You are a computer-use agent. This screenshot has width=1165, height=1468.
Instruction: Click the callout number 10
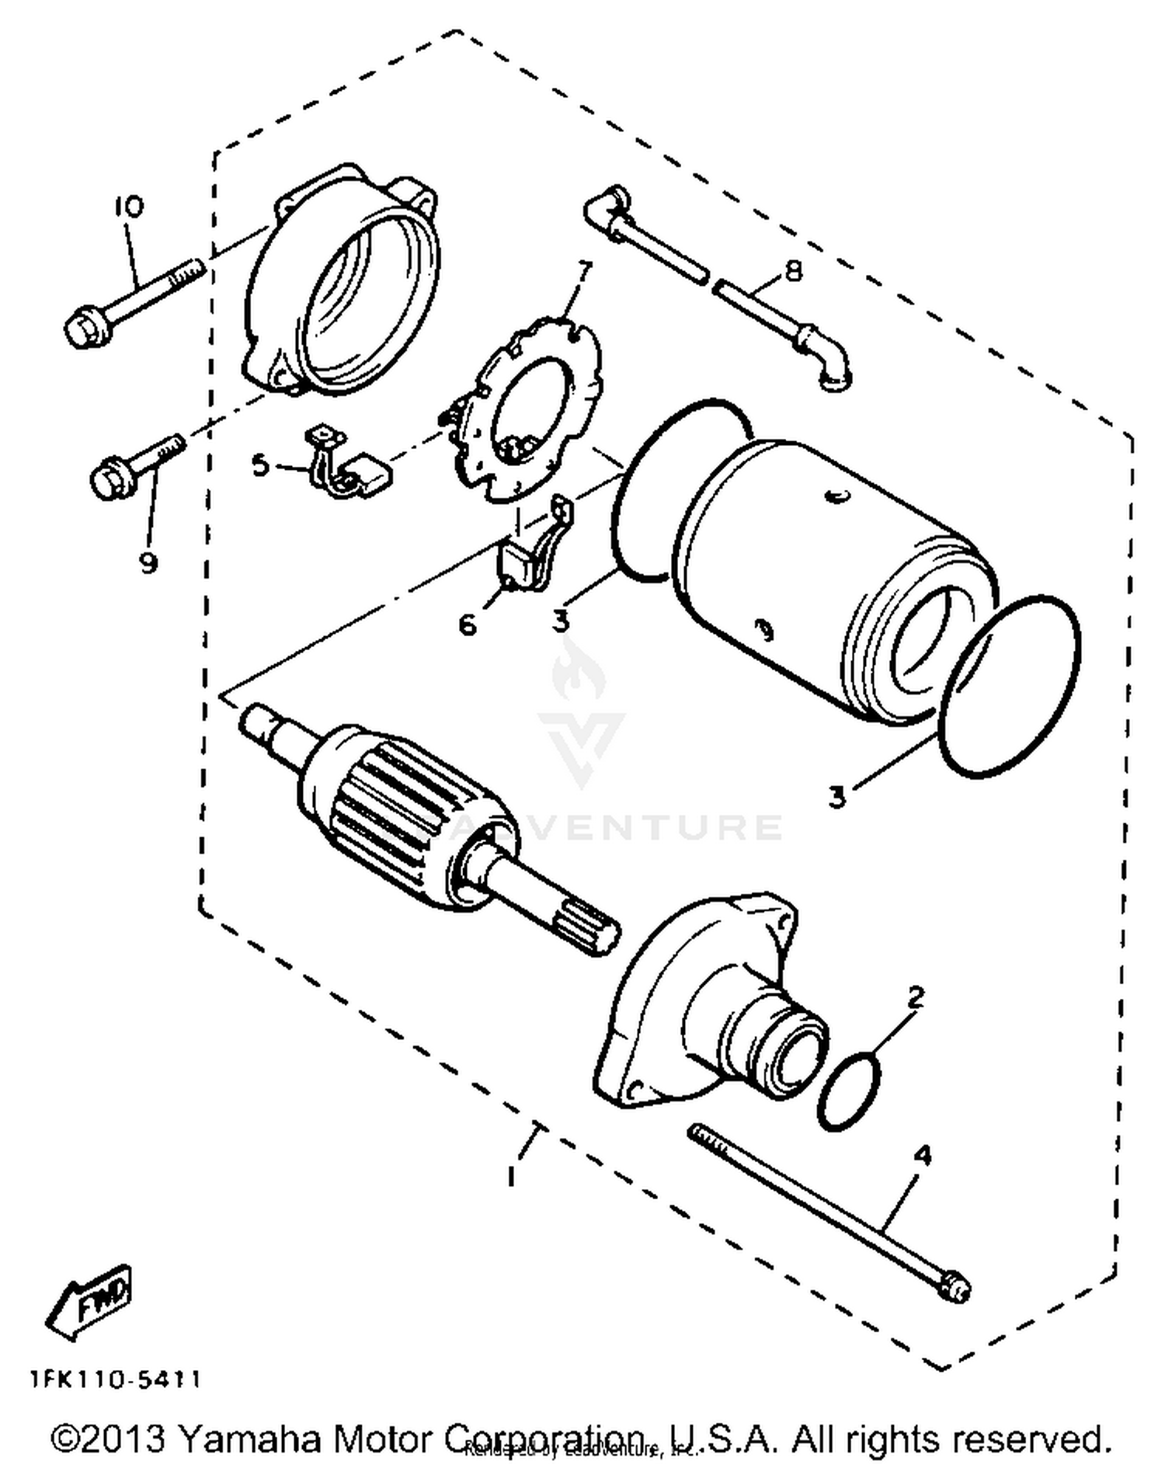tap(129, 207)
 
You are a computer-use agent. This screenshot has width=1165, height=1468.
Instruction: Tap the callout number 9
tap(148, 562)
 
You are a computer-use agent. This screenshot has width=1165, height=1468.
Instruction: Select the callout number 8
tap(793, 271)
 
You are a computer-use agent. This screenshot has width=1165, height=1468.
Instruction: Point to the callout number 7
tap(583, 273)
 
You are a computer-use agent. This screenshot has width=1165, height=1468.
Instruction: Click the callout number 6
tap(468, 623)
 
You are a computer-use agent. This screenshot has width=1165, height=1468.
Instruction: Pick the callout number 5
tap(260, 466)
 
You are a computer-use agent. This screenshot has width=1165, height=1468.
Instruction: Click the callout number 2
tap(916, 998)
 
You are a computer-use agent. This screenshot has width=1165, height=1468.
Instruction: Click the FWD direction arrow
tap(89, 1303)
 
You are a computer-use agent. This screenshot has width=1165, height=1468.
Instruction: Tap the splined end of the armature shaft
tap(587, 928)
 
